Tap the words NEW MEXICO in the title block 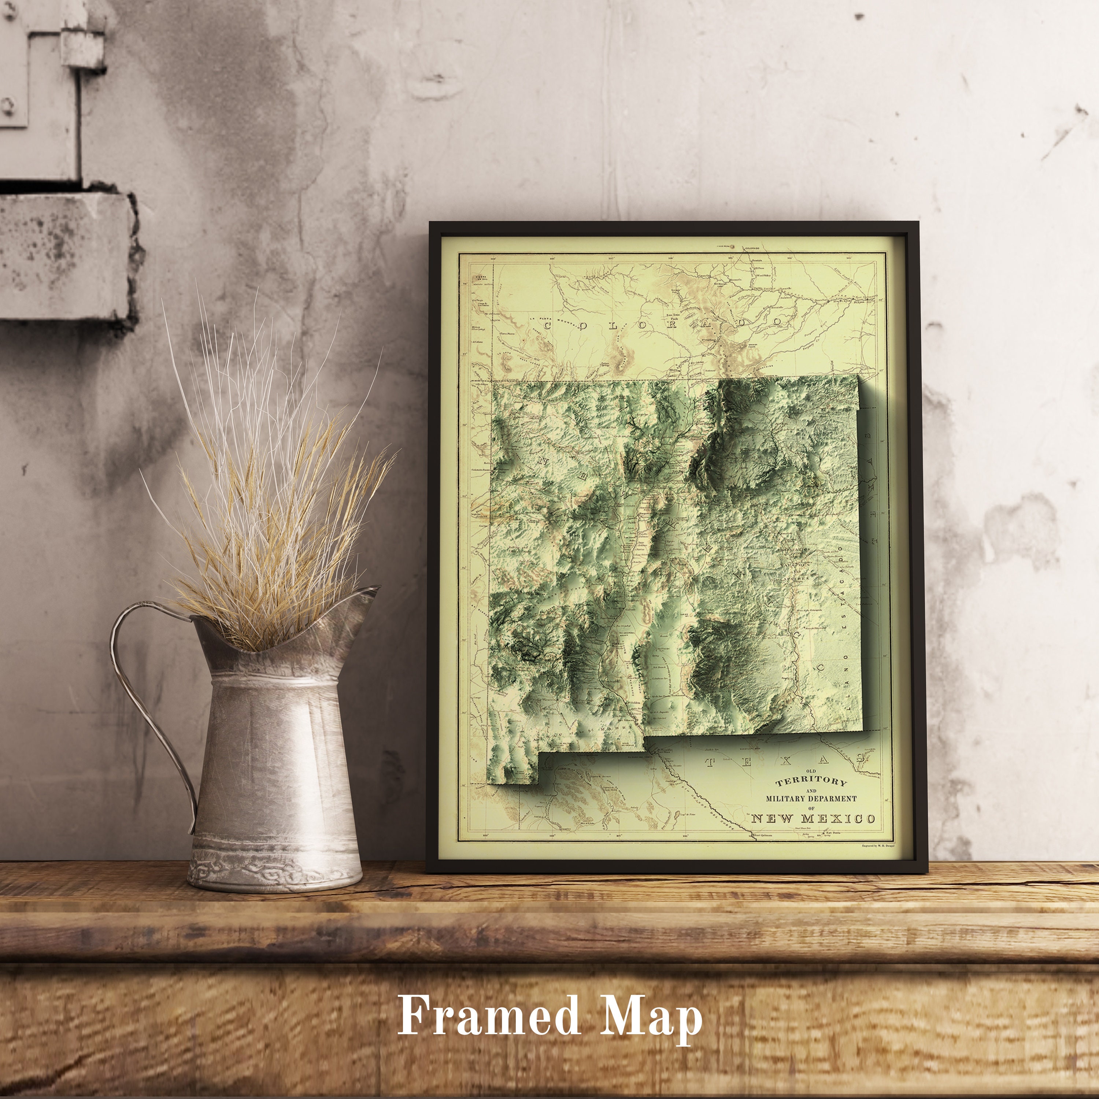point(813,819)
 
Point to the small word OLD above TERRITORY point(803,771)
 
